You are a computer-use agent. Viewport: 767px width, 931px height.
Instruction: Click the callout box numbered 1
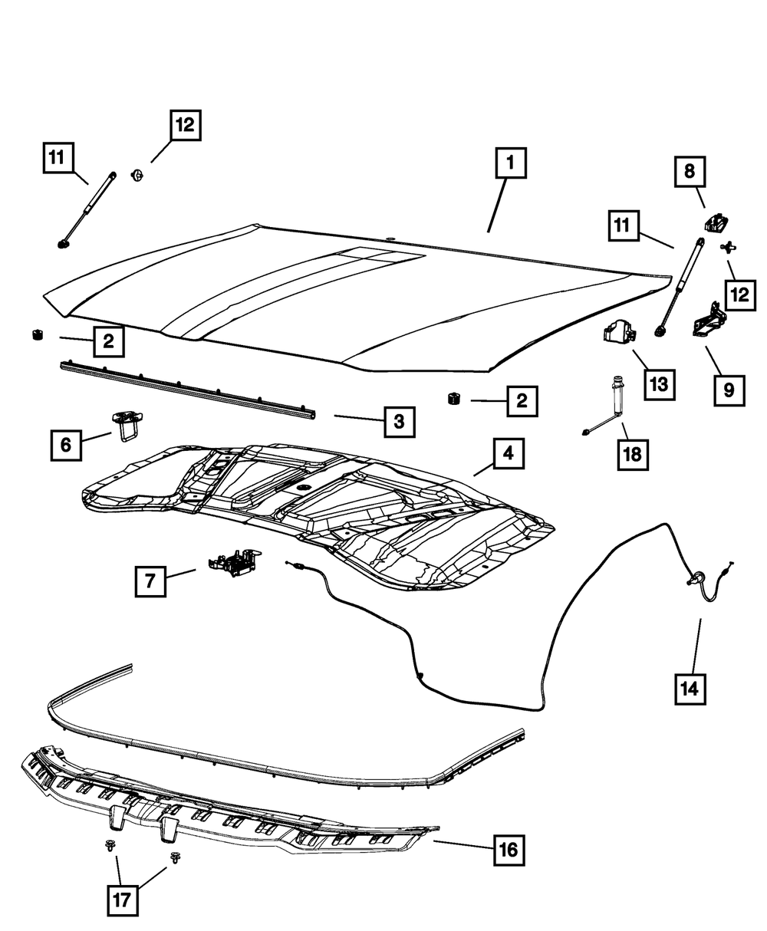pyautogui.click(x=510, y=164)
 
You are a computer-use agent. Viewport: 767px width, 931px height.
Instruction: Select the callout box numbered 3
pyautogui.click(x=400, y=420)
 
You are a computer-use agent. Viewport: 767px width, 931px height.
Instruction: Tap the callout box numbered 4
pyautogui.click(x=508, y=456)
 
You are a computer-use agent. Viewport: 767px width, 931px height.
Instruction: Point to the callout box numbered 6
pyautogui.click(x=66, y=444)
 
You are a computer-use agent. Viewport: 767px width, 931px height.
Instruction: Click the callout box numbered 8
pyautogui.click(x=690, y=172)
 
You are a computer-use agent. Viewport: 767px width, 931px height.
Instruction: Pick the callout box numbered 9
pyautogui.click(x=727, y=389)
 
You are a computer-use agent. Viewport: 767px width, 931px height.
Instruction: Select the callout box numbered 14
pyautogui.click(x=690, y=689)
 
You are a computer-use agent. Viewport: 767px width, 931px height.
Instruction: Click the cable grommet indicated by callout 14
pyautogui.click(x=697, y=580)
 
